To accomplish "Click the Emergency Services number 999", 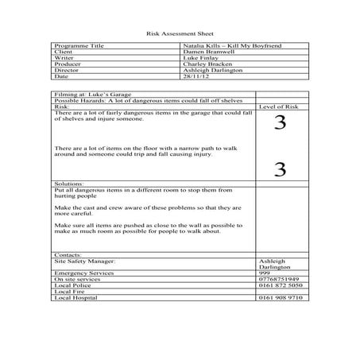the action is point(265,273).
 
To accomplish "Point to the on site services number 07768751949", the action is point(279,279).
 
